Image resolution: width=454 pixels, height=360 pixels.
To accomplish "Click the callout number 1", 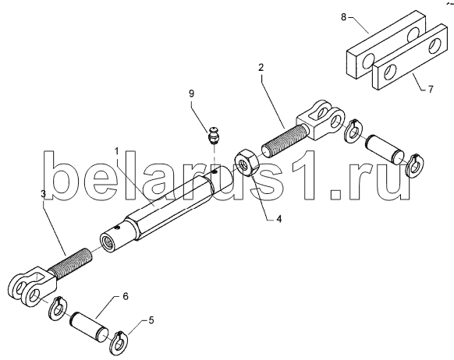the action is (x=117, y=151).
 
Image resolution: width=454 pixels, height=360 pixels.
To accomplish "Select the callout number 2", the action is (x=261, y=68).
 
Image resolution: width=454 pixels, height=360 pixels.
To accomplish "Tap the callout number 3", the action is (x=43, y=194).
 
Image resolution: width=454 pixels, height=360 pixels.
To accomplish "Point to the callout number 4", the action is (x=278, y=219).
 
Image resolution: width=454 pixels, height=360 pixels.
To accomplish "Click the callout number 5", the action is (x=151, y=320).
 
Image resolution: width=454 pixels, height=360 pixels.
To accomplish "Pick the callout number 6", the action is (x=126, y=297).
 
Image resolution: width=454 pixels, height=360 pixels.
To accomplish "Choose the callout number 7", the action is (x=431, y=90).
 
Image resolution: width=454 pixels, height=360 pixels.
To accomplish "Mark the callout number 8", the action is (x=343, y=17).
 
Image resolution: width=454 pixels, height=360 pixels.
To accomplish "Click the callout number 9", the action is (x=191, y=94).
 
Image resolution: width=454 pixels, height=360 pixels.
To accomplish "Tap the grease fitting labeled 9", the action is (x=214, y=135).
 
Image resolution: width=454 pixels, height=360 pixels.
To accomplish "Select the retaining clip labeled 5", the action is (x=119, y=344).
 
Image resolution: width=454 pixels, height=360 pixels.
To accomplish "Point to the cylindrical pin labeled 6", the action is (x=89, y=326).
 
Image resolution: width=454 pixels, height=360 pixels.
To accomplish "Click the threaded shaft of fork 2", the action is (x=285, y=139).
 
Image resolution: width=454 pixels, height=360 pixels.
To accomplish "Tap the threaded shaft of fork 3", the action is (x=70, y=263).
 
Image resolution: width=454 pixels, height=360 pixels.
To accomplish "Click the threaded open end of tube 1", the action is (x=108, y=242).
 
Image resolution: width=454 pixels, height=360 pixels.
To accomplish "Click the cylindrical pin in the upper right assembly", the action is (x=385, y=150).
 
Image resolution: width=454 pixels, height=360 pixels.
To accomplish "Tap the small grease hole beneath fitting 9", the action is (x=214, y=172).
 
